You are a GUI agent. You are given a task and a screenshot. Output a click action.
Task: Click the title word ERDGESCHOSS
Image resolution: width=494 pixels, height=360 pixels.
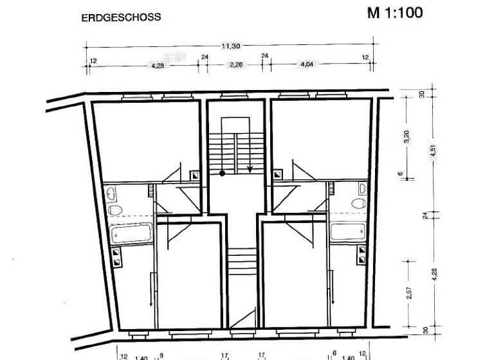tap(121, 18)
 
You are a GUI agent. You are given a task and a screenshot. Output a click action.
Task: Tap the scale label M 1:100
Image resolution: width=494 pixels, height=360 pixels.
tap(395, 13)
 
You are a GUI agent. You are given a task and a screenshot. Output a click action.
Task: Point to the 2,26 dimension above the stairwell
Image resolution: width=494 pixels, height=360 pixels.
tap(235, 64)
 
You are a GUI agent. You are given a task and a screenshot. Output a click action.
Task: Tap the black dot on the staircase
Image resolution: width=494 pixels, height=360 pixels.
tap(222, 173)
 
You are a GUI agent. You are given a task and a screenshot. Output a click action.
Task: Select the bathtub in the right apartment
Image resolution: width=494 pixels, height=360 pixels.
tap(348, 231)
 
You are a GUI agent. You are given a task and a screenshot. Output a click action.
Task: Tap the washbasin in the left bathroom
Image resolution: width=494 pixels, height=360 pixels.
tap(111, 192)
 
